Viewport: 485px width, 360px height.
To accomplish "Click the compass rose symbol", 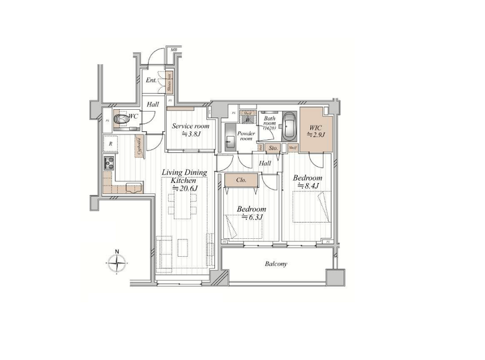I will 118,262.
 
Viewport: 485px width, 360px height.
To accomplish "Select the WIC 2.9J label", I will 316,131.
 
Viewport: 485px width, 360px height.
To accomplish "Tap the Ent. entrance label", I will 151,80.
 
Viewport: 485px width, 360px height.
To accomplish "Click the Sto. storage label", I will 273,147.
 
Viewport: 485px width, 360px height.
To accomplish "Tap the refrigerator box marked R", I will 110,145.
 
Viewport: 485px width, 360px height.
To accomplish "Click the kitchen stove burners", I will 110,163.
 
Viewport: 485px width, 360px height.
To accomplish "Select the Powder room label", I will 246,136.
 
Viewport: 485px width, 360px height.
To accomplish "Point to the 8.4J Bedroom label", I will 307,182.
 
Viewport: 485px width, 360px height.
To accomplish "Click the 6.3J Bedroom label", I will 251,213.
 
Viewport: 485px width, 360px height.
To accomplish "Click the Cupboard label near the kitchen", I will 139,147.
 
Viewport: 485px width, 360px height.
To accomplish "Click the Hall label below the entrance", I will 153,104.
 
